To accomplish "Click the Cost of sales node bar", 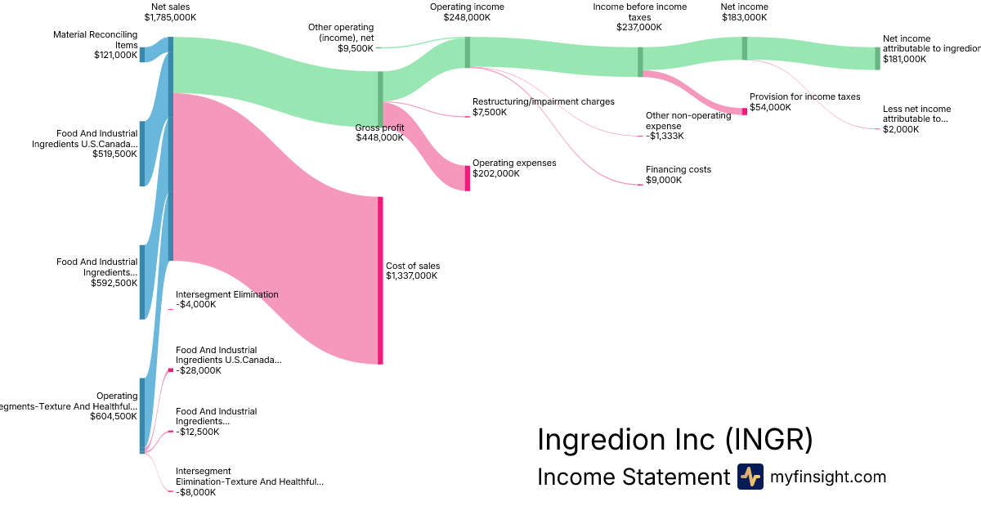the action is click(380, 280).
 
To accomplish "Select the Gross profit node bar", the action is click(380, 99).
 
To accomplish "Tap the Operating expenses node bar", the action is click(468, 178).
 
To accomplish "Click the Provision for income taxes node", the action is click(745, 111).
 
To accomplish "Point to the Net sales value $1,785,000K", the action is click(170, 16).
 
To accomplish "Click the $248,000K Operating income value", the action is click(467, 16).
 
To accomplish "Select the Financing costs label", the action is click(679, 170).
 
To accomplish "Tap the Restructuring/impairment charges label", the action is click(543, 101).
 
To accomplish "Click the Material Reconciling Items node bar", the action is click(142, 55).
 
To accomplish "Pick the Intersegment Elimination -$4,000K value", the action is click(196, 305).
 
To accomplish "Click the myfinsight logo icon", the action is click(750, 477).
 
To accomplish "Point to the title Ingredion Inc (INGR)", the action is click(674, 440).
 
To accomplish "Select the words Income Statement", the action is click(633, 477).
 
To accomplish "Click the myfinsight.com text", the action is click(828, 477).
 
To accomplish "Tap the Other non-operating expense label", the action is click(688, 121).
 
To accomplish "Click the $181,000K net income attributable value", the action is click(905, 60).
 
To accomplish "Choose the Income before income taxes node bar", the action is click(640, 62).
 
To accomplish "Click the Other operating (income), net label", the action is click(341, 33).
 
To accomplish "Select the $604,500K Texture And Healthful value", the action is click(114, 416).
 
